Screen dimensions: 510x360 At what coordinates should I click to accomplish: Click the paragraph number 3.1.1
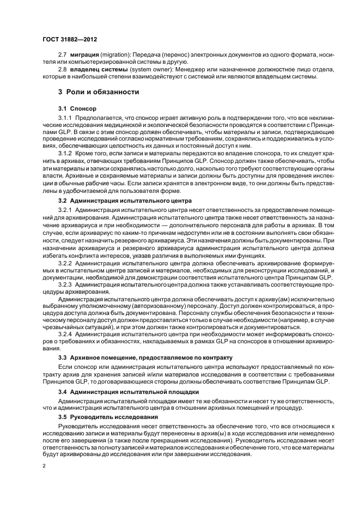point(65,118)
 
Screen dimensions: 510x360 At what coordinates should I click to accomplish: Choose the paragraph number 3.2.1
point(65,210)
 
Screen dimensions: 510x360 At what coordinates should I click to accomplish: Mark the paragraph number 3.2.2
point(65,263)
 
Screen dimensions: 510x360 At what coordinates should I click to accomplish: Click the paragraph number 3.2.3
point(65,284)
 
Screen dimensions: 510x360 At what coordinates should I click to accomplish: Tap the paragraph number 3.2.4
point(65,333)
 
